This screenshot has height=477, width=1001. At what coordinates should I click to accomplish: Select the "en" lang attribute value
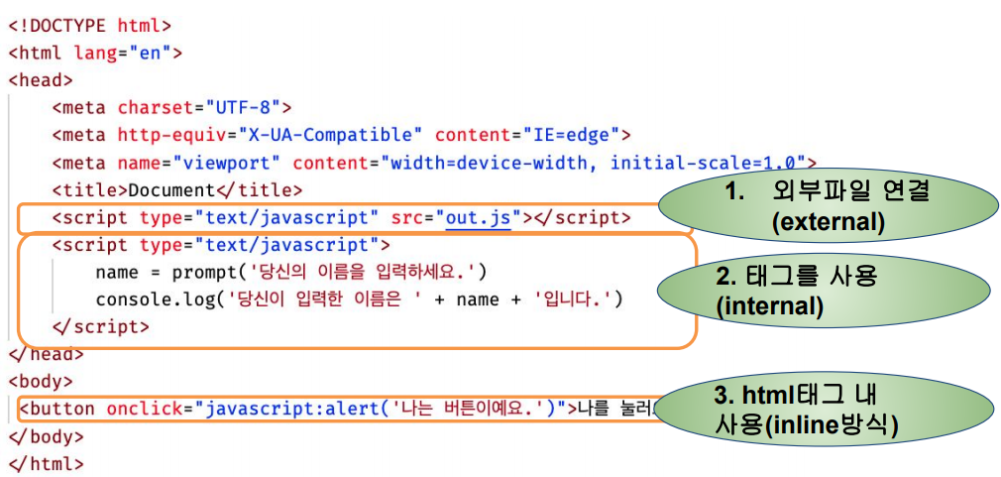[149, 53]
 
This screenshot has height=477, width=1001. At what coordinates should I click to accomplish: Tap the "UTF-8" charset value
[242, 107]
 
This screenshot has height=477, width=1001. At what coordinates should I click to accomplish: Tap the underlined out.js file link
[478, 217]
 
